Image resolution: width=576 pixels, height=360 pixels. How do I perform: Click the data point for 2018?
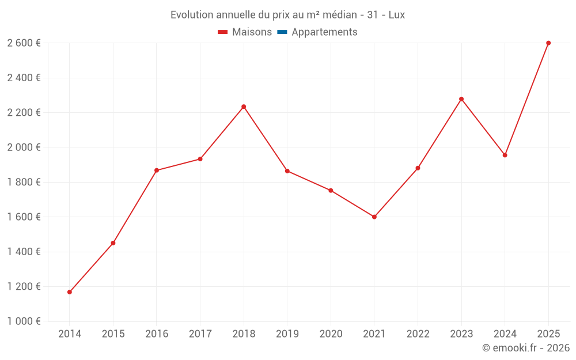coord(244,107)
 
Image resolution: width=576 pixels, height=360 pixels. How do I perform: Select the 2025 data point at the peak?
coord(548,43)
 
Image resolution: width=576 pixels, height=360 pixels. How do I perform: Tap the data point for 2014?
coord(70,292)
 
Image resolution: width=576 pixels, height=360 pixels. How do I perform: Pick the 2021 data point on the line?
coord(374,217)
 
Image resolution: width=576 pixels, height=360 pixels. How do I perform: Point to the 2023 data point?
coord(461,99)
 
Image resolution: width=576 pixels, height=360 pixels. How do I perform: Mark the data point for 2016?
coord(157,170)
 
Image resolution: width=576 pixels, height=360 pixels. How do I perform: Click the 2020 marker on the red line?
coord(331,191)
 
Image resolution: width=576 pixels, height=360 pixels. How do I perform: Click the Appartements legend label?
coord(324,32)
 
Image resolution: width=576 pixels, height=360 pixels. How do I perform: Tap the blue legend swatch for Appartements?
coord(282,32)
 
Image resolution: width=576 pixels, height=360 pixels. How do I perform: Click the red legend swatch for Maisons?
coord(223,32)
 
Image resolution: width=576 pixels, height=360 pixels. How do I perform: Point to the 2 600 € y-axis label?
coord(24,43)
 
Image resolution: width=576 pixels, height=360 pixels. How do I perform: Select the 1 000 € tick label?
coord(24,321)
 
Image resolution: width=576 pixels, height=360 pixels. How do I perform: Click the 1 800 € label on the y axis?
coord(24,182)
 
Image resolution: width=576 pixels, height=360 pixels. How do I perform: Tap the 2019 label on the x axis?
coord(287,334)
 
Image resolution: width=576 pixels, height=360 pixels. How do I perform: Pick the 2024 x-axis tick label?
coord(505,334)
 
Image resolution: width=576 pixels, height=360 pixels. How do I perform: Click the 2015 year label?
coord(113,334)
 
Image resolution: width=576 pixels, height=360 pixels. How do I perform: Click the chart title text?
coord(287,15)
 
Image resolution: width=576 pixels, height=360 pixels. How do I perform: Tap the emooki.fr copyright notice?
coord(525,348)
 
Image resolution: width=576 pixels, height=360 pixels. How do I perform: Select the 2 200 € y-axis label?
coord(24,113)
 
